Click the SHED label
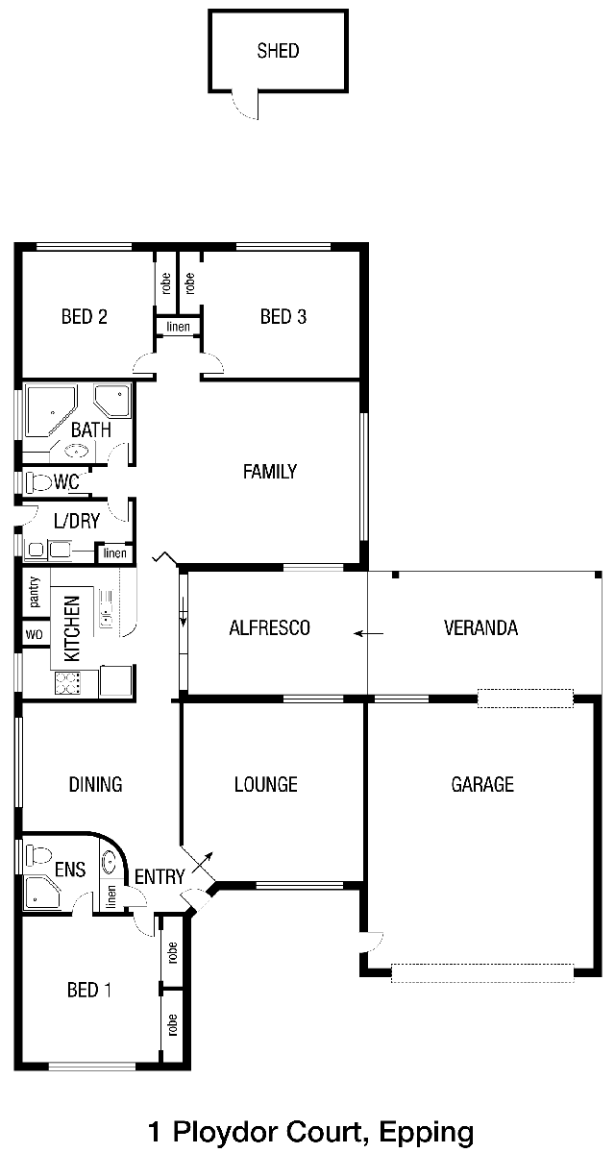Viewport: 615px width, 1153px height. point(278,51)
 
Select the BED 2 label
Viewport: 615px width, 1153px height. point(85,316)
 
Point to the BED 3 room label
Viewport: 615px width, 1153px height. point(283,316)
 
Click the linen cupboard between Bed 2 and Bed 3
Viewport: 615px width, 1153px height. point(178,327)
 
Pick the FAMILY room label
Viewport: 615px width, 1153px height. point(270,472)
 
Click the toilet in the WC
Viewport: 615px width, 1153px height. point(38,482)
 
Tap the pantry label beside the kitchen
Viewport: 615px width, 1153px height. point(35,592)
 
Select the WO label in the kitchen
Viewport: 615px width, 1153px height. point(34,635)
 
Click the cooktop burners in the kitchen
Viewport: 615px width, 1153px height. point(67,683)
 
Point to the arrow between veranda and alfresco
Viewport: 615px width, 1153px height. point(368,633)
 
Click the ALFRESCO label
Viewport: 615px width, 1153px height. point(270,628)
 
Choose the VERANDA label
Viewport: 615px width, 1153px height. point(480,628)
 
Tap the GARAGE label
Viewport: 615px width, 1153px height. point(482,784)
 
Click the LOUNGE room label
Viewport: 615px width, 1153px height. point(266,784)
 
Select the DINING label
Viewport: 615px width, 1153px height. point(96,784)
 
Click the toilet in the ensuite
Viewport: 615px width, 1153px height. point(38,854)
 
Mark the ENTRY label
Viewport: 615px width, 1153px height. point(160,876)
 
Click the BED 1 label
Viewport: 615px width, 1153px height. point(89,990)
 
